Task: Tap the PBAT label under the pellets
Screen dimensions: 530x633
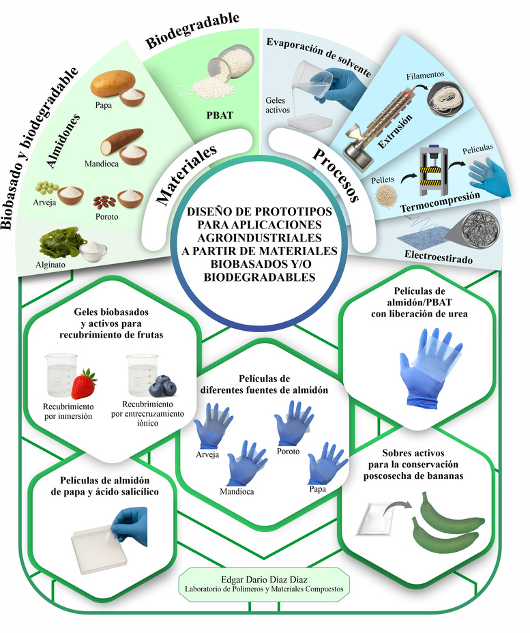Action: (x=220, y=115)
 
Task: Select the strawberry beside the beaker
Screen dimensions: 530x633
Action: (x=83, y=384)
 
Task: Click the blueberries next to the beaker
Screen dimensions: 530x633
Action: (x=162, y=385)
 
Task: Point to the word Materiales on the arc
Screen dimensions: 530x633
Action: (x=186, y=175)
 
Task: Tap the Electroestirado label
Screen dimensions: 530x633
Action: (x=439, y=256)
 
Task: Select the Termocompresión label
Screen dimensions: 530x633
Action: (x=440, y=202)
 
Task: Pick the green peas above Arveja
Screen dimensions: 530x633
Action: (x=47, y=188)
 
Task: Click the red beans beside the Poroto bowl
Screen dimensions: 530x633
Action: (x=104, y=201)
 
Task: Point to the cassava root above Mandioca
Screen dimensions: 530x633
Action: (x=121, y=141)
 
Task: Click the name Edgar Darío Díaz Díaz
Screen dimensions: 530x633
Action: (x=264, y=580)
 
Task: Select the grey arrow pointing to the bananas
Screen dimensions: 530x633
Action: (x=397, y=507)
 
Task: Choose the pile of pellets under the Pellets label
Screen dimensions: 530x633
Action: (x=386, y=196)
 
